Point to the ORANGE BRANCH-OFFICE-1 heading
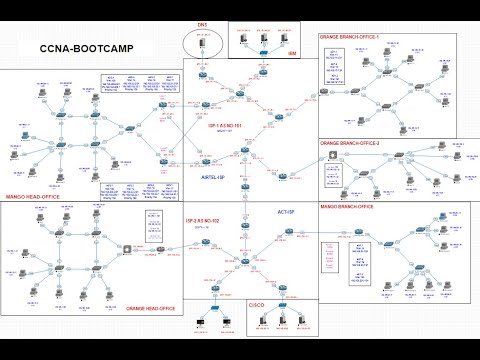click(x=353, y=37)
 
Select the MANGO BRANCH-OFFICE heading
click(x=354, y=207)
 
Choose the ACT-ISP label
click(x=284, y=212)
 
